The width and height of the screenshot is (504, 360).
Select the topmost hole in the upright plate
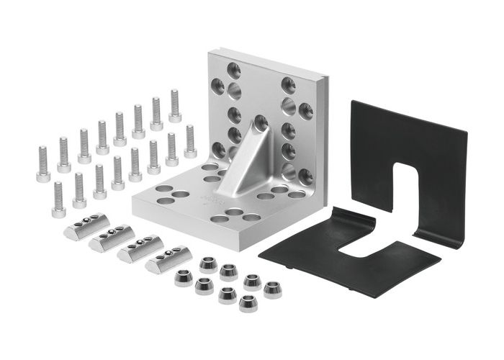point(234,70)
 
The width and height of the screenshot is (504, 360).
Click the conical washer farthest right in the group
point(271,289)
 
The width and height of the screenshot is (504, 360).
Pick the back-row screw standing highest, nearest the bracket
point(175,105)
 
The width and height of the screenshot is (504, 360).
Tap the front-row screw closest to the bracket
point(190,141)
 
